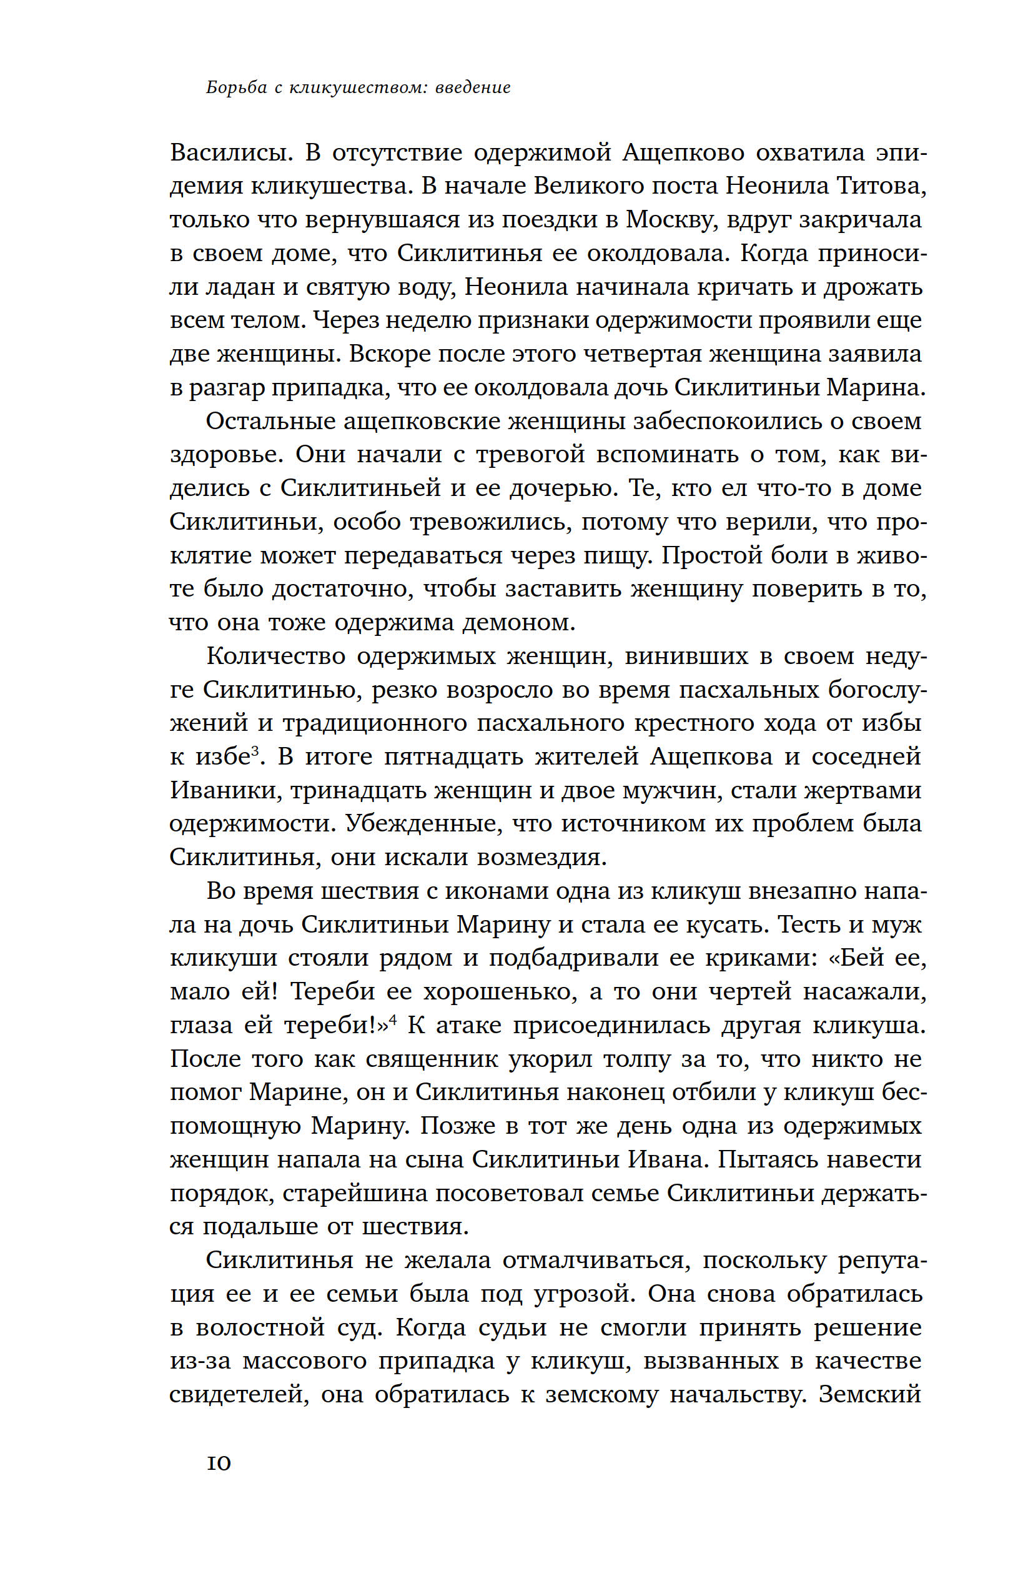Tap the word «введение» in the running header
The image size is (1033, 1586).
pos(473,87)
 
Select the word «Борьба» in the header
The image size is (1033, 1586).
pos(237,87)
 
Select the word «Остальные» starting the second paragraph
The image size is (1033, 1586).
pos(269,420)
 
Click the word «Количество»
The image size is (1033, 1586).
pos(275,656)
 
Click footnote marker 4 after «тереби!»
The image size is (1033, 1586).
pos(393,1019)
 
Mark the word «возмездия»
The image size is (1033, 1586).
pos(541,857)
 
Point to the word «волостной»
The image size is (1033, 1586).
pos(271,1327)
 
